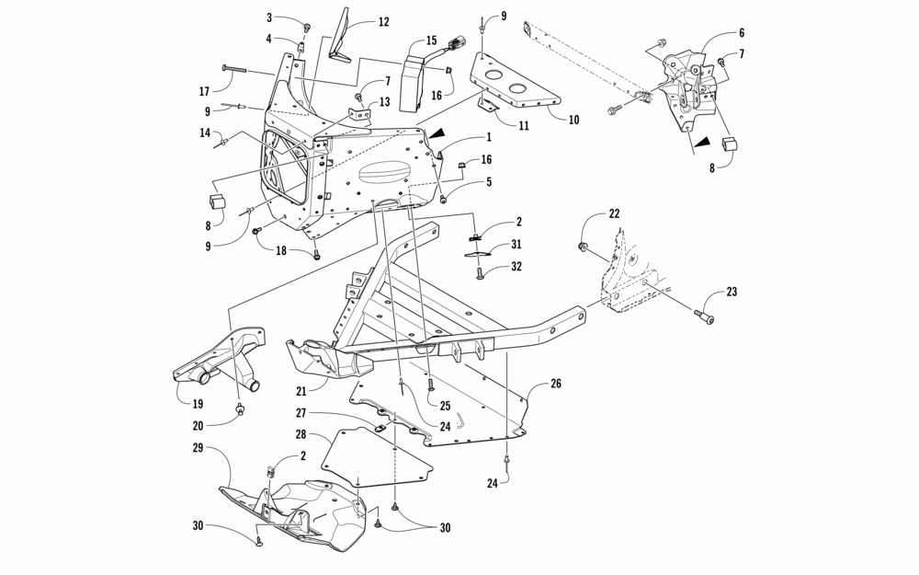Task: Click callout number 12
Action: [x=357, y=22]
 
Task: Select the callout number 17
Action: [x=204, y=90]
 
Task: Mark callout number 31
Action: [x=516, y=244]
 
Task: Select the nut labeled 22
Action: [x=583, y=247]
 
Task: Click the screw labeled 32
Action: [x=481, y=272]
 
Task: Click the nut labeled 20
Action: [x=240, y=408]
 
